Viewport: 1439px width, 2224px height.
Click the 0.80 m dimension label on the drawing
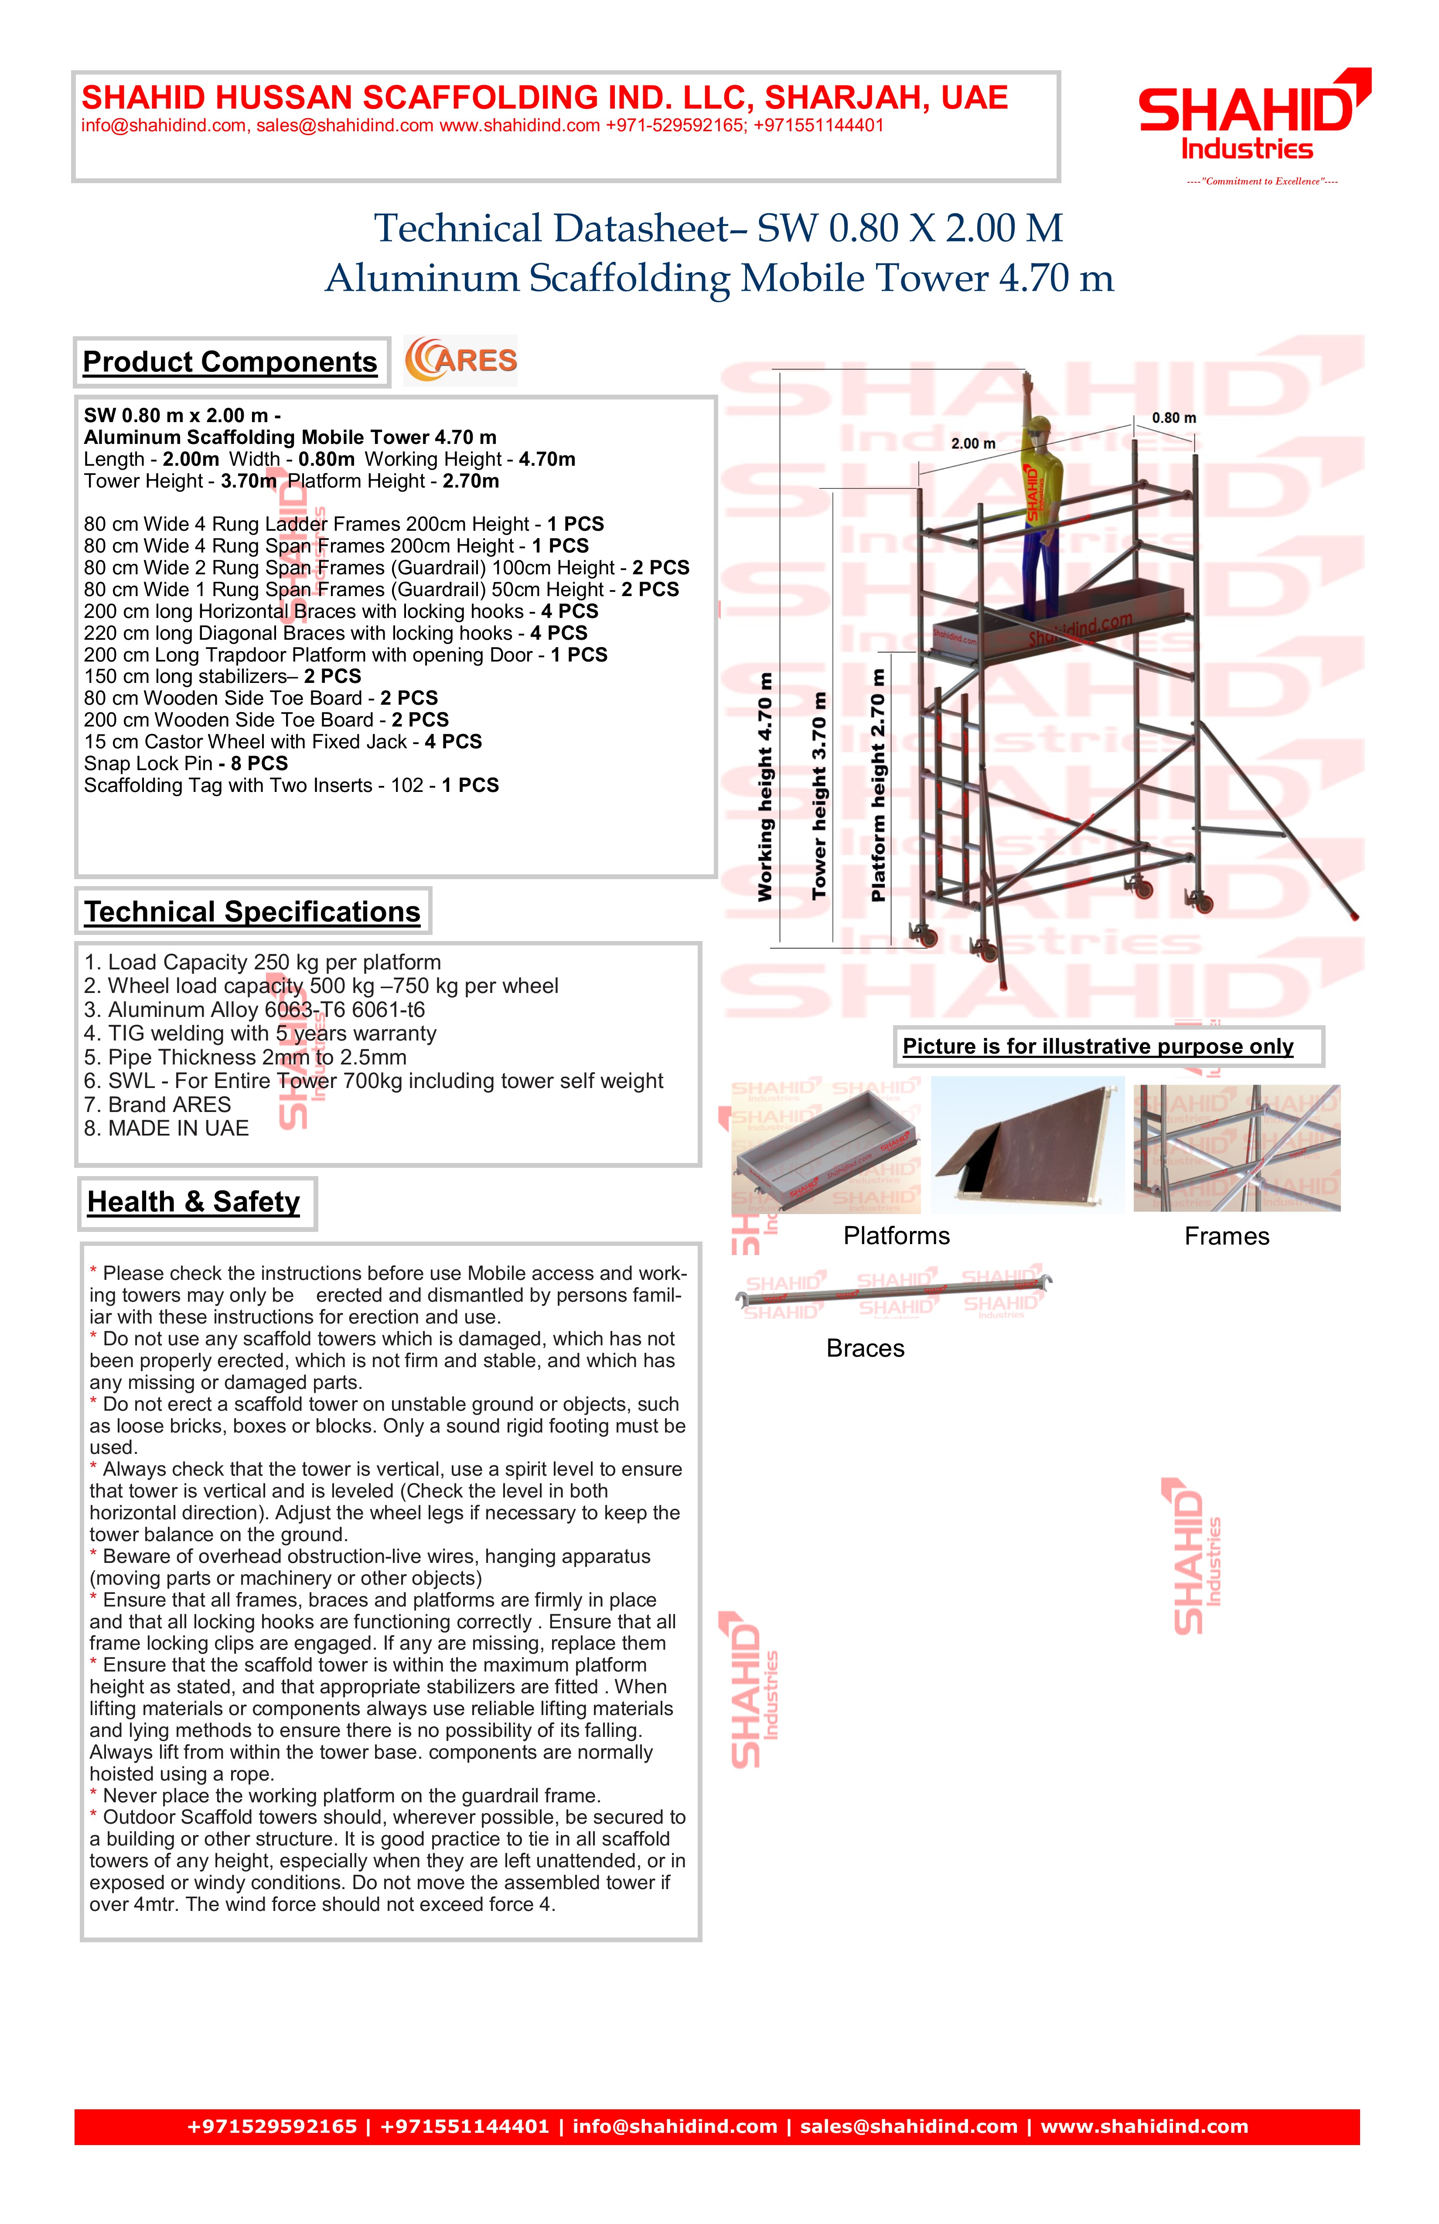(x=1173, y=418)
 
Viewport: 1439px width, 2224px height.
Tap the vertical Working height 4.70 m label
(x=765, y=787)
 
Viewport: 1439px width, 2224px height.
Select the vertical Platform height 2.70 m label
(x=878, y=785)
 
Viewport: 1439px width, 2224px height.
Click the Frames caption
(x=1226, y=1236)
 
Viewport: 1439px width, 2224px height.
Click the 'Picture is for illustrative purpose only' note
(x=1098, y=1047)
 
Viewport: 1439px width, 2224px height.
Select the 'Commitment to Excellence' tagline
(x=1262, y=181)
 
